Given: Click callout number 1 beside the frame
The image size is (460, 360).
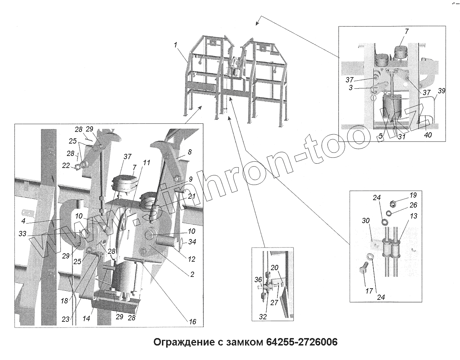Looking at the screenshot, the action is [175, 45].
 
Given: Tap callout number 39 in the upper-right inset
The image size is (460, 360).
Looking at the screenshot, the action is [441, 91].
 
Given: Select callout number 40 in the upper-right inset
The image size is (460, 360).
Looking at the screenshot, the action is [428, 135].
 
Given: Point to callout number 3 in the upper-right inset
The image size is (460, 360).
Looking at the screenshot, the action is [351, 87].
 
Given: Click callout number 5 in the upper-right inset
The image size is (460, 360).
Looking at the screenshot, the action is [380, 136].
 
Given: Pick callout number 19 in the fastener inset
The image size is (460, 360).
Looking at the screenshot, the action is [413, 195].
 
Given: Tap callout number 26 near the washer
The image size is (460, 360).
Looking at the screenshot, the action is [413, 205].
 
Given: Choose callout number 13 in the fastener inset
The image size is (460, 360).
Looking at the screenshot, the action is [413, 216].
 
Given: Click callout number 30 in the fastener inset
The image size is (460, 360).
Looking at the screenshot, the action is [366, 221].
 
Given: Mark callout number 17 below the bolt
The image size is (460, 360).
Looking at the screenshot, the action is [369, 291].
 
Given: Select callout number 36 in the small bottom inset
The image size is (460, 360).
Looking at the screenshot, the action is [258, 280].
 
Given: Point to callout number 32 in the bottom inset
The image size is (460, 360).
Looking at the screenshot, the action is [263, 317].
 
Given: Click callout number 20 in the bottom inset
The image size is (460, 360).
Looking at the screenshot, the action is [274, 268].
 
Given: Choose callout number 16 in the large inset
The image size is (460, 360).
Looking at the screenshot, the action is [192, 322].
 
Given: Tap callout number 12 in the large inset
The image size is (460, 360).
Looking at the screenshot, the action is [191, 259].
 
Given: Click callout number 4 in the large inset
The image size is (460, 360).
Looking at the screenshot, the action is [23, 221].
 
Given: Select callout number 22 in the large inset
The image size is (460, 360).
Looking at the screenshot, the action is [66, 166].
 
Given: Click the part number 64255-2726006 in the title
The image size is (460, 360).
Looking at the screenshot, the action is [302, 342].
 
